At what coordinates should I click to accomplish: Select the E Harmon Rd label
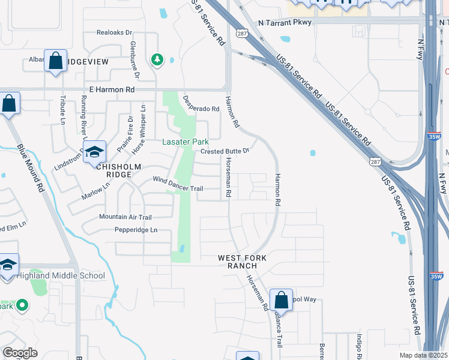tap(112, 89)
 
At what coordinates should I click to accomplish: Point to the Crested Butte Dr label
tap(224, 151)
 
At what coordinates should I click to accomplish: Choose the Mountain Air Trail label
tap(125, 217)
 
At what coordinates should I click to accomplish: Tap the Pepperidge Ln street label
tap(137, 230)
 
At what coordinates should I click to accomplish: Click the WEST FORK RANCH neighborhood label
tap(242, 262)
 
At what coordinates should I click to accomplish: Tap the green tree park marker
tap(157, 59)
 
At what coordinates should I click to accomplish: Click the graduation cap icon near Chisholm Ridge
tap(94, 152)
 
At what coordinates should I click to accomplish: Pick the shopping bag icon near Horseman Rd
tap(281, 299)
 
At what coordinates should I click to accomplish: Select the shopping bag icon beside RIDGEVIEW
tap(55, 61)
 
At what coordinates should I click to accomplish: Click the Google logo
tap(20, 353)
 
